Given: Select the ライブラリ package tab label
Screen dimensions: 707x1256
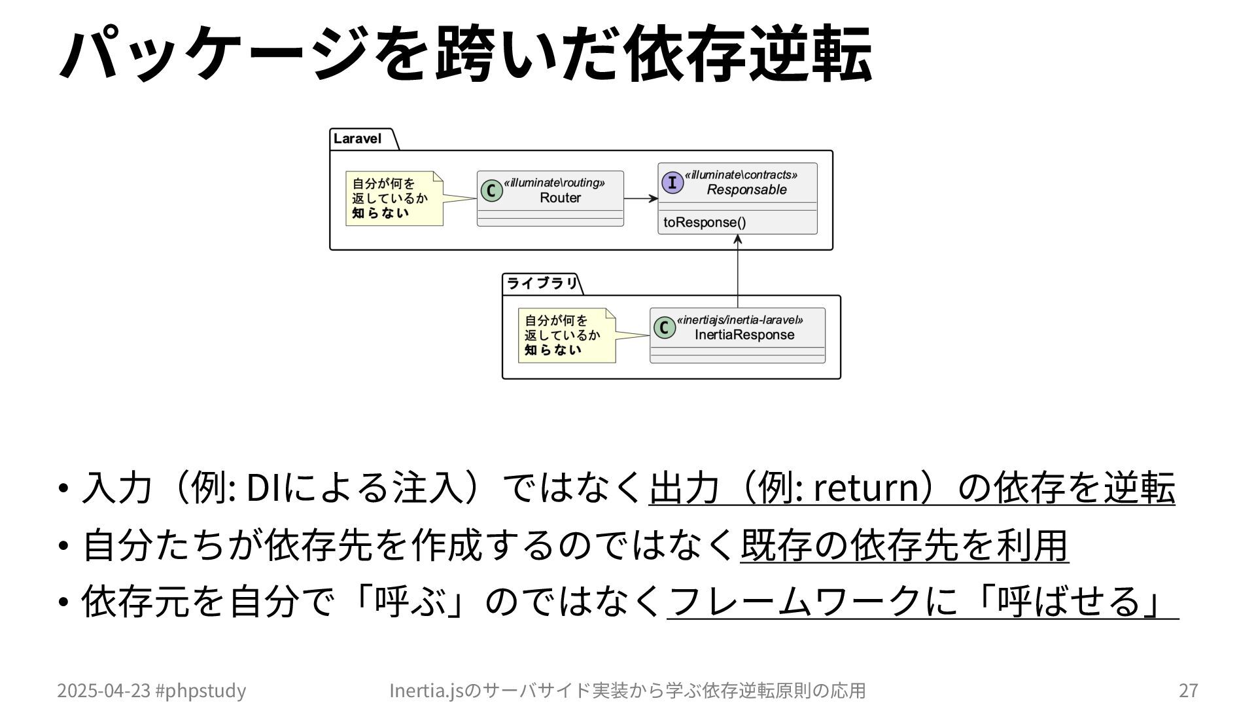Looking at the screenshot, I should tap(542, 283).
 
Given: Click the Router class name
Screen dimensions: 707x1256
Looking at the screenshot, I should tap(560, 198).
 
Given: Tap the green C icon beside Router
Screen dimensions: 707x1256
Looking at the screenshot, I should tap(491, 190).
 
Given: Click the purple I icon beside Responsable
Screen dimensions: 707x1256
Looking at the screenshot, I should tap(672, 183).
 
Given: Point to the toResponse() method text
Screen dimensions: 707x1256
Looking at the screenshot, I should tap(705, 222).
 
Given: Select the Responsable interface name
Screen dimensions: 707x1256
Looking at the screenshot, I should tap(746, 190).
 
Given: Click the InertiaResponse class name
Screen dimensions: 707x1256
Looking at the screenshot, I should tap(744, 335).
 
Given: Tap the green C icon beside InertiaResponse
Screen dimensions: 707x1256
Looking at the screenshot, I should tap(664, 327).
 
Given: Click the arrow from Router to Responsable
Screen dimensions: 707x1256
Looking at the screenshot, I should tap(640, 198).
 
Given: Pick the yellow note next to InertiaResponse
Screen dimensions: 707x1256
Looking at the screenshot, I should tap(567, 335).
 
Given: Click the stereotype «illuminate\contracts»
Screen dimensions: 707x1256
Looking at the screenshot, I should tap(741, 175).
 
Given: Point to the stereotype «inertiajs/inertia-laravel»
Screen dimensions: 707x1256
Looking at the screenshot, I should tap(740, 320).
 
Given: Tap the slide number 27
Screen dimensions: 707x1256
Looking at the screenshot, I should tap(1188, 690).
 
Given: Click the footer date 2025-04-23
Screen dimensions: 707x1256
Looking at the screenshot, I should tap(103, 690).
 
